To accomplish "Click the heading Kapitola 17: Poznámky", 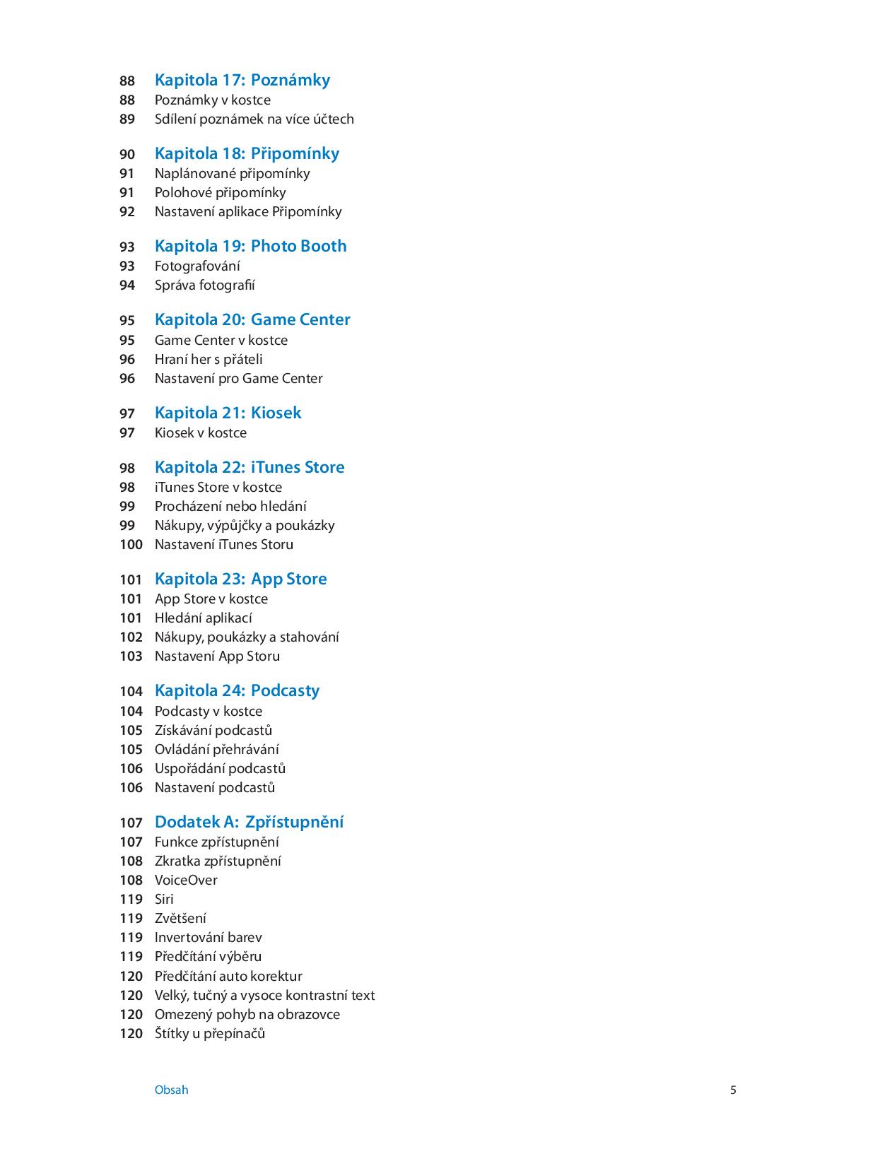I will click(242, 80).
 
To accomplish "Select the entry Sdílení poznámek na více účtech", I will click(254, 119).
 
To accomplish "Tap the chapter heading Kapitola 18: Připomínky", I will click(247, 153).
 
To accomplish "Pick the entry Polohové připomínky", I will click(220, 192).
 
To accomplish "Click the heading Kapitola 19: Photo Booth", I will click(250, 246).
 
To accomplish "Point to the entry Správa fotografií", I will click(204, 285).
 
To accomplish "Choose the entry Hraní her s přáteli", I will click(209, 359).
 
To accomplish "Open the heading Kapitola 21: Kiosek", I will click(228, 413).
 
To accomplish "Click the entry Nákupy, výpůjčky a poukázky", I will click(245, 525).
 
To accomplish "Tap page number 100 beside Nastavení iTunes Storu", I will click(131, 544).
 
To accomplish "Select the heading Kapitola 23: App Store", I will click(240, 579).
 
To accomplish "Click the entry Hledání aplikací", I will click(203, 618).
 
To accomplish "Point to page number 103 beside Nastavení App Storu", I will click(131, 656).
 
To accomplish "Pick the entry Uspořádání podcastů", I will click(220, 768).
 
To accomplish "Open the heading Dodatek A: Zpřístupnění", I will click(249, 822).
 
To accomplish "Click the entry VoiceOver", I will click(186, 880).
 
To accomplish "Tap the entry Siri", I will click(164, 899).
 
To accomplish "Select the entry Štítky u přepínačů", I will click(209, 1033).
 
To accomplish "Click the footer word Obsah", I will click(171, 1090).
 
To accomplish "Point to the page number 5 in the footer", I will click(733, 1090).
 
